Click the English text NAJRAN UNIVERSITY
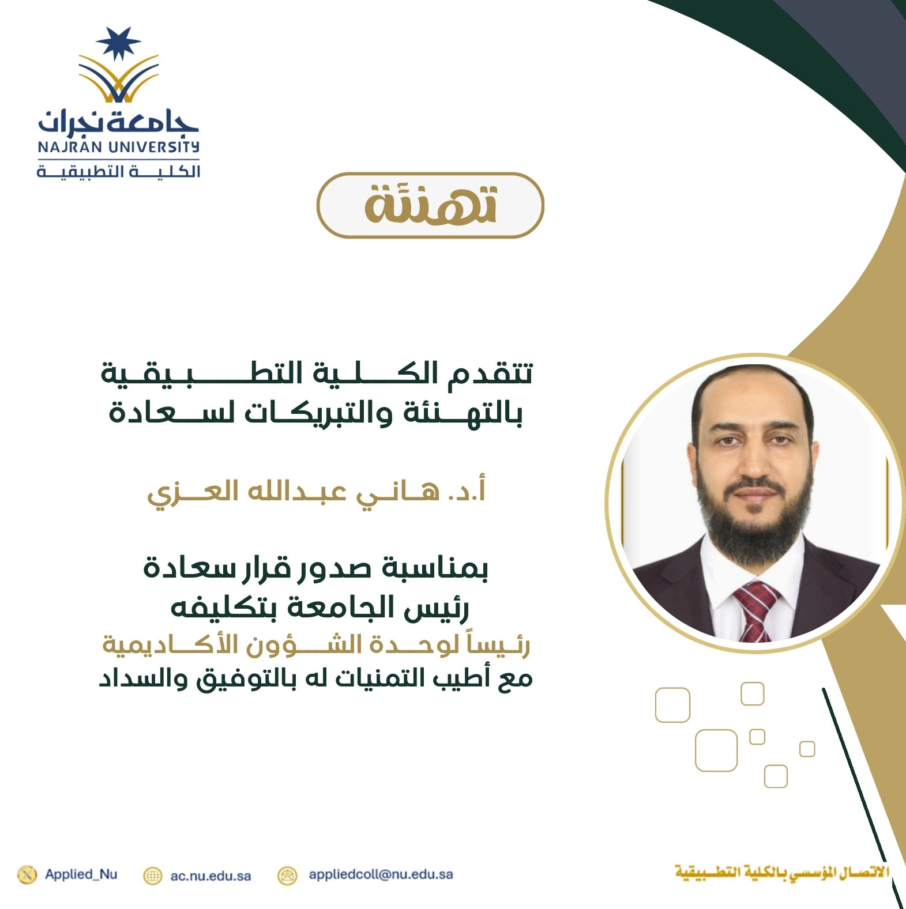pos(118,147)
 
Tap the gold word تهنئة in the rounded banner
pos(430,205)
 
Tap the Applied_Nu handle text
pos(81,874)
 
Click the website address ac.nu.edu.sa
pos(210,876)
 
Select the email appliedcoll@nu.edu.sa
pos(381,874)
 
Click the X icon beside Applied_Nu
pos(27,874)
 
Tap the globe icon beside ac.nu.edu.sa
pos(152,876)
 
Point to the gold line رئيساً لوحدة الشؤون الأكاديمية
pos(316,644)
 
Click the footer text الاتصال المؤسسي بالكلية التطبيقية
pos(782,872)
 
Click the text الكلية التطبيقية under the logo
pos(118,171)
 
